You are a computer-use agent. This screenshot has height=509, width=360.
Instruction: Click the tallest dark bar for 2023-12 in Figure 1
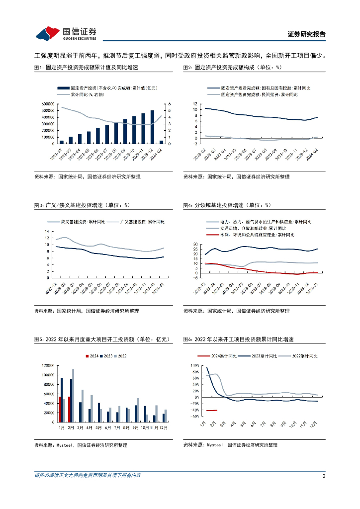tap(152, 127)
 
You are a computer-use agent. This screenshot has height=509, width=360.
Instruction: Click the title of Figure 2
tap(232, 67)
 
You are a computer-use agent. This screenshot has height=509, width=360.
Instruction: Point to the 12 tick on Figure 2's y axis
tap(195, 103)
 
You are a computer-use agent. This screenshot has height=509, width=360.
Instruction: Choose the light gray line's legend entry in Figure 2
tap(259, 94)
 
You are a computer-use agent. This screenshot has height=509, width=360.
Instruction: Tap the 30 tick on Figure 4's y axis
tap(195, 245)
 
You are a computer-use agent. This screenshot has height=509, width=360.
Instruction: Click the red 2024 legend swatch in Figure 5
tap(88, 355)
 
